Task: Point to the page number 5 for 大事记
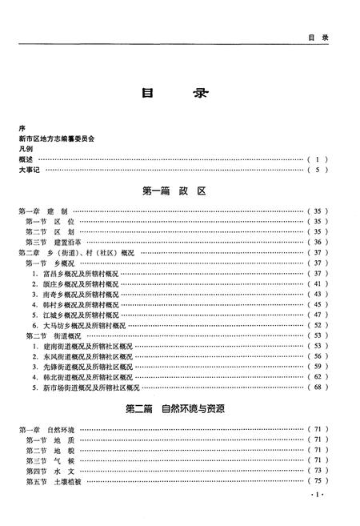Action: (x=318, y=170)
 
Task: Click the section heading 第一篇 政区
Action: (x=174, y=192)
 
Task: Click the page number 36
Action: (x=318, y=242)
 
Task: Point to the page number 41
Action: (x=318, y=283)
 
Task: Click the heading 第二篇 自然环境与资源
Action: (x=174, y=409)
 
